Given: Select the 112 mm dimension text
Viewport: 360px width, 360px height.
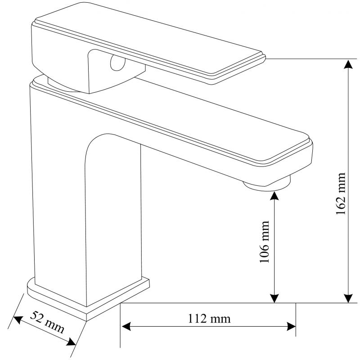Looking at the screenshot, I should (208, 319).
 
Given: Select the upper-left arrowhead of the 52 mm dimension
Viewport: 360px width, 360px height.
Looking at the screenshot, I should (17, 319).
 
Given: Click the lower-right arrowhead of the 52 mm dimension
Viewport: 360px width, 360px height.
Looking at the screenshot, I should (71, 343).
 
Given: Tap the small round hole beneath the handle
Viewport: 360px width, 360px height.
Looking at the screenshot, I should (116, 63).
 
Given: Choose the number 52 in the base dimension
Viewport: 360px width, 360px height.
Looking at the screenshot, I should (40, 318).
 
